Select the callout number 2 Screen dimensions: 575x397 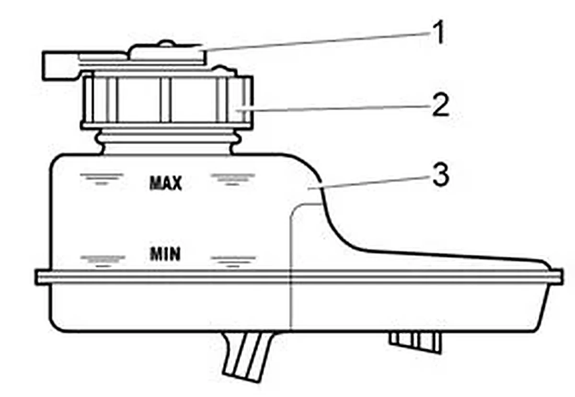(440, 105)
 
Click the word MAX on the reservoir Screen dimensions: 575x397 (166, 183)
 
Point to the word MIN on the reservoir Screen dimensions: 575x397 (165, 254)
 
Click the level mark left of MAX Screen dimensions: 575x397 (102, 179)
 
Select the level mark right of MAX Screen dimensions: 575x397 (233, 179)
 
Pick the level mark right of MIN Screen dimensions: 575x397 (233, 261)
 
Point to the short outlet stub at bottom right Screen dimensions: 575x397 (415, 342)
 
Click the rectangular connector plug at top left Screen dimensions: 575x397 (60, 66)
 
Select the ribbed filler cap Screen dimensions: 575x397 (167, 100)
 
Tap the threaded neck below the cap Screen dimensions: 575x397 (168, 142)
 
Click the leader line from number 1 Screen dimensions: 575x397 (318, 42)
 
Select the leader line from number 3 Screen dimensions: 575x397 (369, 183)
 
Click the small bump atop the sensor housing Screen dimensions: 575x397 (166, 43)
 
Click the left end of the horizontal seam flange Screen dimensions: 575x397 (36, 277)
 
